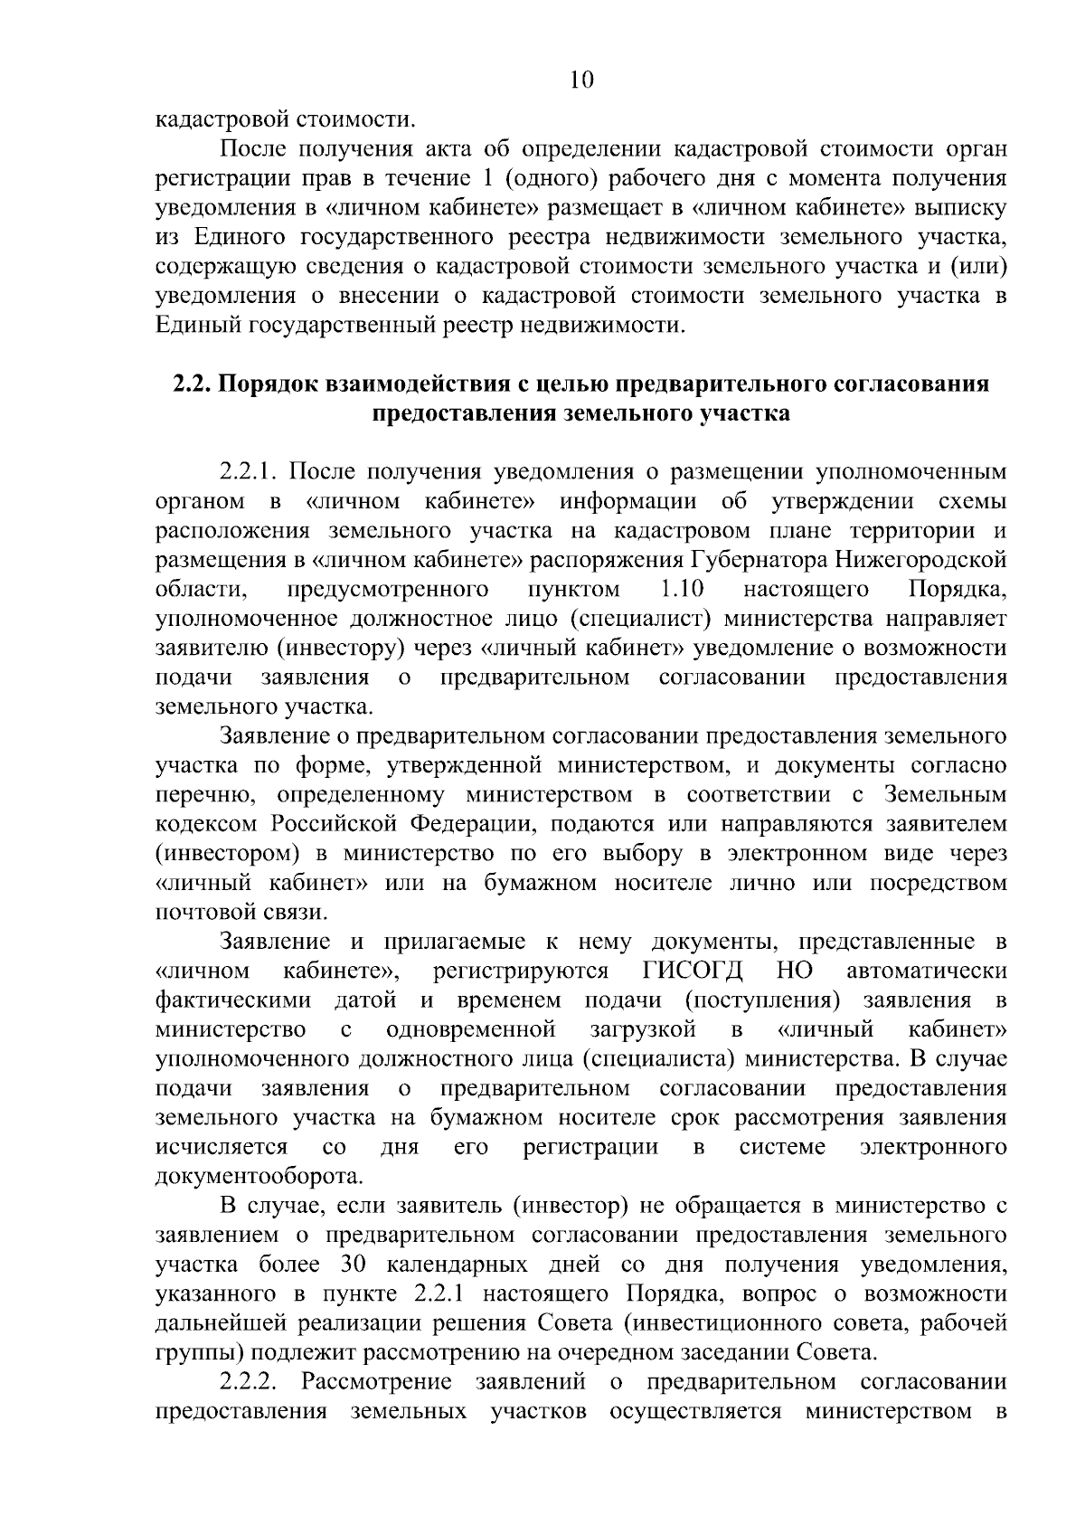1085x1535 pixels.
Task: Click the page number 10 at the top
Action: click(581, 81)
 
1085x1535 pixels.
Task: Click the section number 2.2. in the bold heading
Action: click(191, 384)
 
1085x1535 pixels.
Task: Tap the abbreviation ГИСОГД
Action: click(692, 971)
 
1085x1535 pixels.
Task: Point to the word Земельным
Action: click(945, 795)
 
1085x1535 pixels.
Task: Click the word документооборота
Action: click(259, 1177)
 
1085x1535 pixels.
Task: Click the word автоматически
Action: click(927, 971)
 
